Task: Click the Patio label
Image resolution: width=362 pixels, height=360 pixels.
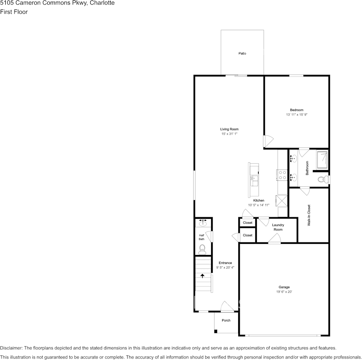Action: pos(242,53)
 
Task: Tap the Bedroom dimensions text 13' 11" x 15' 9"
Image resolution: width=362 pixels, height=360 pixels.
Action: pos(296,115)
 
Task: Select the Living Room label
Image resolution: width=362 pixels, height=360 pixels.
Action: pos(229,129)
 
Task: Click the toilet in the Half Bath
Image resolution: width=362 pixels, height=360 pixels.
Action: pos(202,249)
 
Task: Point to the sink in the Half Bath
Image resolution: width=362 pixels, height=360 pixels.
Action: pos(203,223)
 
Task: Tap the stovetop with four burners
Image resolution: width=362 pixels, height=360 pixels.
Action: pos(282,175)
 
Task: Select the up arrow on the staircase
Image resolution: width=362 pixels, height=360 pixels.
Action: pos(202,276)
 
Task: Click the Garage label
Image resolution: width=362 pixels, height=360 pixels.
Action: pos(284,287)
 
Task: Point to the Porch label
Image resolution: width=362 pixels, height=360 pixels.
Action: pos(226,320)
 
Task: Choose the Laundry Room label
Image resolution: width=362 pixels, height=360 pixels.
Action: pos(278,227)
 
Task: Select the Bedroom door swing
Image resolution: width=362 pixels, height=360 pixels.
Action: pos(268,141)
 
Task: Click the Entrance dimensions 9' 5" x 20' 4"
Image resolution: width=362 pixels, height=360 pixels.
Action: pos(225,268)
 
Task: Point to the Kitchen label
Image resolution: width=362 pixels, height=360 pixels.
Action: pos(259,201)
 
